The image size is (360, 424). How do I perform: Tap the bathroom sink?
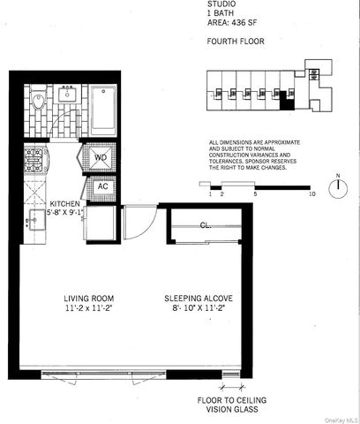66,95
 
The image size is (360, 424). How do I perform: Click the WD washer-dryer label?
101,158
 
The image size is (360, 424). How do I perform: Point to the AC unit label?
101,186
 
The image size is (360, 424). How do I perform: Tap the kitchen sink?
36,217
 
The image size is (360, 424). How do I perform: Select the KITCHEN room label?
67,203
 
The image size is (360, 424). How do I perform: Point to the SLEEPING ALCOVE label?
199,298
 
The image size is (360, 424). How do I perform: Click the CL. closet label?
204,224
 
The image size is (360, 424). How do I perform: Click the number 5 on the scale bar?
255,192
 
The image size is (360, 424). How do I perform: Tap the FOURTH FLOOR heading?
233,42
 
